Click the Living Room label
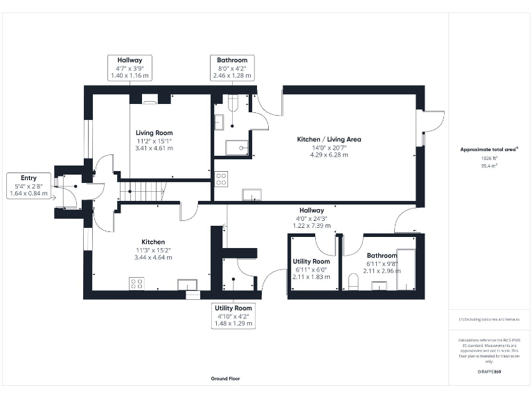(154, 132)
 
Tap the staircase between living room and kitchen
(145, 192)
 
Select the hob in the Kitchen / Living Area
(222, 179)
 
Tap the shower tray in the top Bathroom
(238, 147)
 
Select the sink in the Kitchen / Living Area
(250, 194)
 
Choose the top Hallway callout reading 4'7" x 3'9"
(129, 67)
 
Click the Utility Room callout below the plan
(233, 315)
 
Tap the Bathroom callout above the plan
(232, 67)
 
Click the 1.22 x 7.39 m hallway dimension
(311, 225)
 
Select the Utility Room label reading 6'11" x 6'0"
(311, 269)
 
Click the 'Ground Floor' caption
(226, 379)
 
